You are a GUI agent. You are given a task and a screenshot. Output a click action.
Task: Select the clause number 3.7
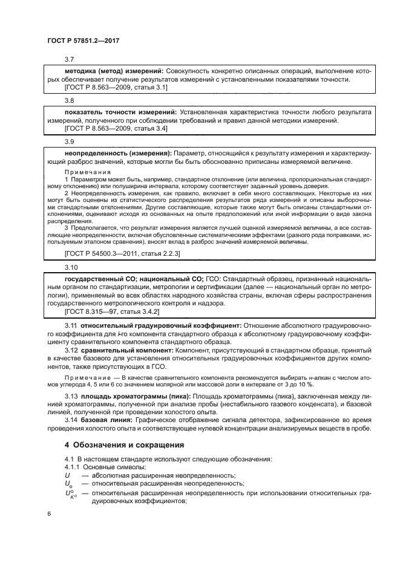69,59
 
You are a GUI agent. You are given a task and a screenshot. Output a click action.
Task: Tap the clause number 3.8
69,101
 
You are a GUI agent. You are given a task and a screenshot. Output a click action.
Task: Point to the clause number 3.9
69,142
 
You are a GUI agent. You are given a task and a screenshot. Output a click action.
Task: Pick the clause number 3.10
71,267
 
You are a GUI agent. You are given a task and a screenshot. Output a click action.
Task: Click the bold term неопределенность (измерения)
117,154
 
